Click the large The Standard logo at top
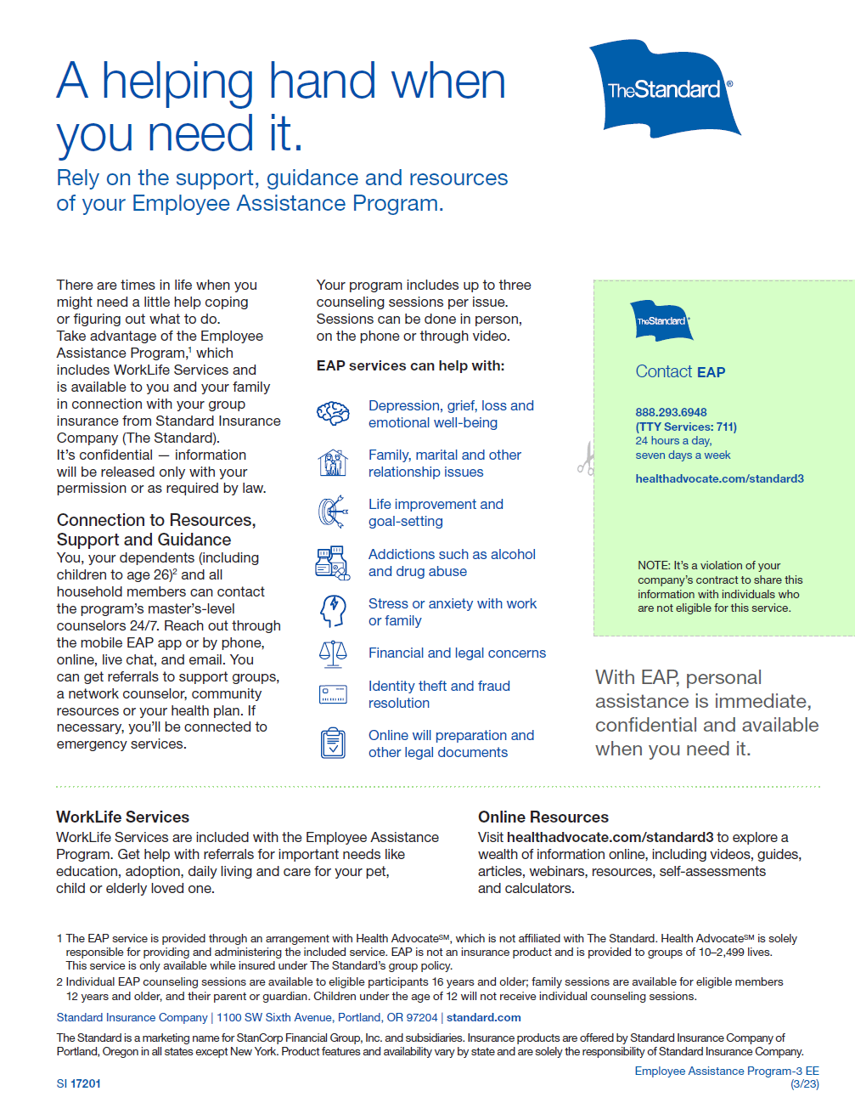point(664,88)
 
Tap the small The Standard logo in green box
point(661,320)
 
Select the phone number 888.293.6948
point(671,412)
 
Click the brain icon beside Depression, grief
point(333,414)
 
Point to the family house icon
point(333,463)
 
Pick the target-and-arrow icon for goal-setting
point(333,512)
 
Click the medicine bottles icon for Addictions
point(333,562)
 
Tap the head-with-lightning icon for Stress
point(333,611)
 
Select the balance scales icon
point(333,653)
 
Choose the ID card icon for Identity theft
point(333,694)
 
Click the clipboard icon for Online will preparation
point(333,743)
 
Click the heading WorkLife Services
point(123,817)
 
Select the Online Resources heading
point(543,817)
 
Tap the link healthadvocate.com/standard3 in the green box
point(719,478)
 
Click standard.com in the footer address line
point(484,1017)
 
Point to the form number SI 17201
point(79,1083)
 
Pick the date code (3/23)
point(805,1083)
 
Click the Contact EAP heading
point(680,371)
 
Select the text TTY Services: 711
point(686,427)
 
